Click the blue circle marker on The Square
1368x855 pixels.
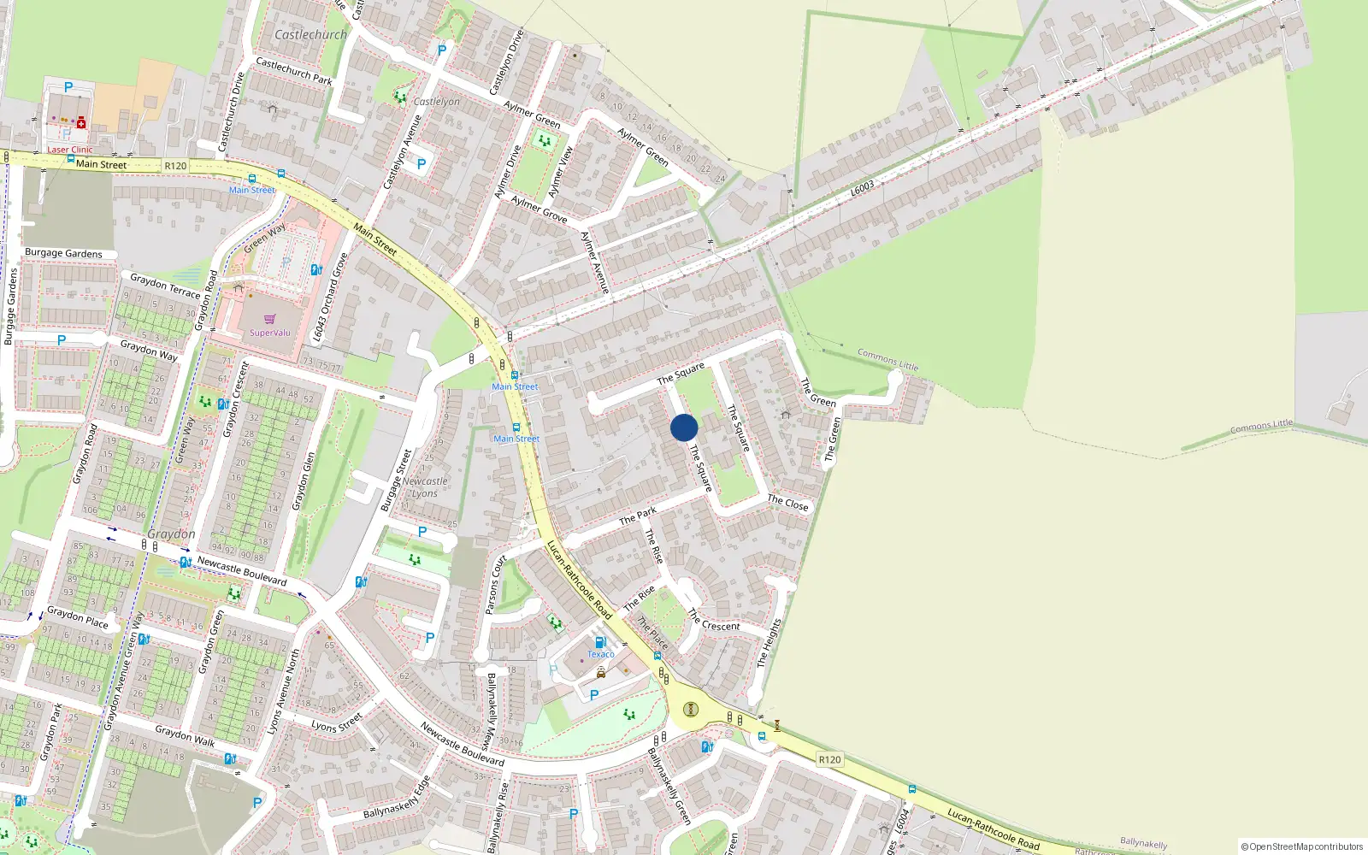(x=684, y=427)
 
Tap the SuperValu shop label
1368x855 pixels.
(x=270, y=333)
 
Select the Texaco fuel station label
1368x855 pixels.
(x=600, y=654)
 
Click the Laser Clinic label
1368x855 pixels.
(x=69, y=150)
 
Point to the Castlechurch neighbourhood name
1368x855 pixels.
(x=310, y=35)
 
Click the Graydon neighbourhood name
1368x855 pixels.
(x=171, y=534)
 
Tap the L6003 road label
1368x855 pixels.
(x=863, y=187)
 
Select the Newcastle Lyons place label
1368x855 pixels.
(x=425, y=487)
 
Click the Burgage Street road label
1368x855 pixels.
(x=396, y=481)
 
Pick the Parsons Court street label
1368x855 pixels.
(x=496, y=585)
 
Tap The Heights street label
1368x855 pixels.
(x=769, y=643)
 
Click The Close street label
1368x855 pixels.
(x=787, y=503)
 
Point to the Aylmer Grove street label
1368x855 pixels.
(x=539, y=209)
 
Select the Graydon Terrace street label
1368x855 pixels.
(x=165, y=286)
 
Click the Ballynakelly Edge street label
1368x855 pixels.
(x=398, y=799)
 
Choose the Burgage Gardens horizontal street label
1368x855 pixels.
(x=63, y=253)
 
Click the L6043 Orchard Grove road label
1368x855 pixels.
(x=330, y=298)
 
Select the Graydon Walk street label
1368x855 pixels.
(x=185, y=736)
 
